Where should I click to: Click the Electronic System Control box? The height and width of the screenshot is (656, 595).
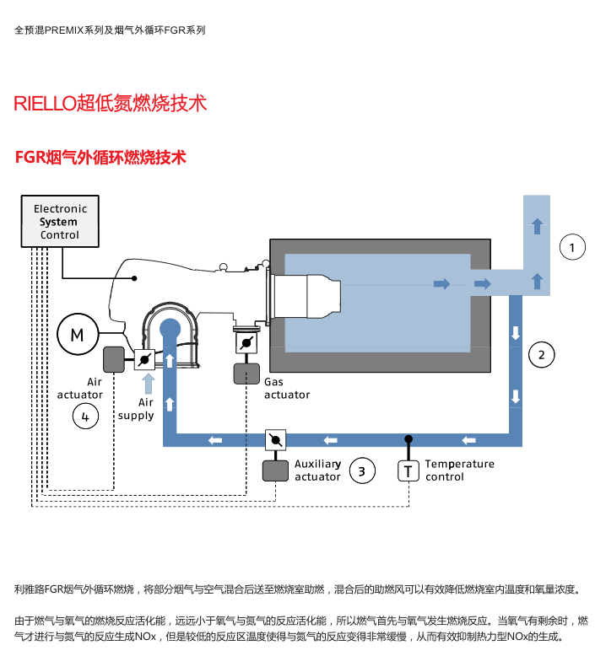pyautogui.click(x=59, y=222)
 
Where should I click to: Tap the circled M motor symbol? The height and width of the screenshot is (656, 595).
pyautogui.click(x=77, y=335)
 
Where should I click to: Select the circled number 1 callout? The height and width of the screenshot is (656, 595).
pyautogui.click(x=572, y=248)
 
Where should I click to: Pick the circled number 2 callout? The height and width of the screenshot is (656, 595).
pyautogui.click(x=542, y=354)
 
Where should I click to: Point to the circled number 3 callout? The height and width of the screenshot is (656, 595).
pyautogui.click(x=362, y=470)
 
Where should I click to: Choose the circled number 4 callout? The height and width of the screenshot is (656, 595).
pyautogui.click(x=85, y=415)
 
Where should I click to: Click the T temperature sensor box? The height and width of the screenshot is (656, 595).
pyautogui.click(x=408, y=470)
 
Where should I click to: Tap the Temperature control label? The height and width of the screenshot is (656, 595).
pyautogui.click(x=459, y=470)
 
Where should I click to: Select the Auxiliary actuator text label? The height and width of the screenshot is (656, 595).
pyautogui.click(x=317, y=470)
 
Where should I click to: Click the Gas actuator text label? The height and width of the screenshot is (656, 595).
pyautogui.click(x=287, y=389)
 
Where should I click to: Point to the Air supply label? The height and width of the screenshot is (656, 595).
pyautogui.click(x=136, y=409)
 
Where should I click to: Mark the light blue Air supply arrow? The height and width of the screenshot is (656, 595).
pyautogui.click(x=148, y=384)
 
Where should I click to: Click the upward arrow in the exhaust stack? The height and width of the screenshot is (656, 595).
pyautogui.click(x=537, y=226)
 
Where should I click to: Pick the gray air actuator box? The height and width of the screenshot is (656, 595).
pyautogui.click(x=114, y=360)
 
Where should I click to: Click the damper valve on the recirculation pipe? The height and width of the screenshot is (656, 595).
pyautogui.click(x=276, y=439)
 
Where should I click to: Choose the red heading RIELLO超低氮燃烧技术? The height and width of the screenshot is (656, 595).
pyautogui.click(x=110, y=104)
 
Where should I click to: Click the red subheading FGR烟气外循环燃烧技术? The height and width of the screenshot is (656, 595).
pyautogui.click(x=100, y=158)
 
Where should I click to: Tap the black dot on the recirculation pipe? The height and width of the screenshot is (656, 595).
pyautogui.click(x=408, y=439)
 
